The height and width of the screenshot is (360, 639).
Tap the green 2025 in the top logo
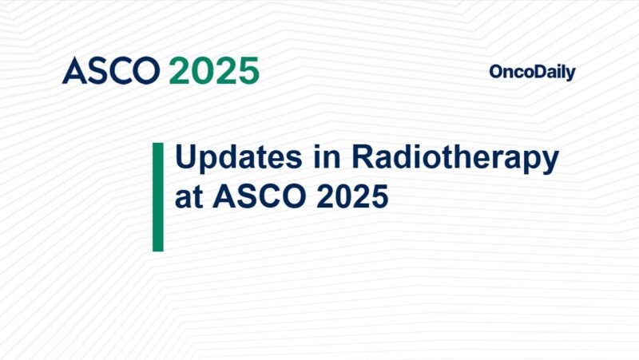tap(214, 71)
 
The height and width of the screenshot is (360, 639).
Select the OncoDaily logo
tap(532, 73)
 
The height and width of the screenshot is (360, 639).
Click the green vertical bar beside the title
tap(157, 197)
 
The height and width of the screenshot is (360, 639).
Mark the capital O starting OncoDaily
tap(495, 73)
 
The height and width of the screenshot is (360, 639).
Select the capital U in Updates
tap(186, 158)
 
